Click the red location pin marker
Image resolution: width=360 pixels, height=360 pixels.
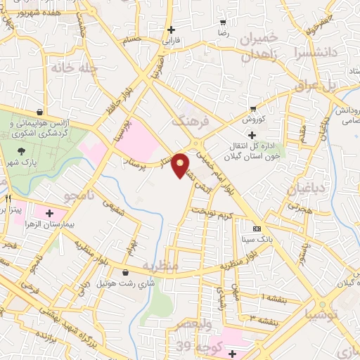pyautogui.click(x=181, y=165)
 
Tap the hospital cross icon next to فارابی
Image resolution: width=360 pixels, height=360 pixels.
pyautogui.click(x=171, y=30)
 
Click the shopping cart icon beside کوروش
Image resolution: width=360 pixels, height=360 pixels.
pyautogui.click(x=252, y=108)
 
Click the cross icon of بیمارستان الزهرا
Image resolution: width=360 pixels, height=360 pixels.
pyautogui.click(x=49, y=213)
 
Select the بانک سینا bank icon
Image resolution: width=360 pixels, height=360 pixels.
pyautogui.click(x=257, y=229)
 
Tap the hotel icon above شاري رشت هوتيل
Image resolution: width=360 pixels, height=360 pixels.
pyautogui.click(x=126, y=272)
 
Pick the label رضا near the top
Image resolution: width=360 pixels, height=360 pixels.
pyautogui.click(x=224, y=32)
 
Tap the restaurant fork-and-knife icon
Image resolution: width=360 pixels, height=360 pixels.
pyautogui.click(x=7, y=199)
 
